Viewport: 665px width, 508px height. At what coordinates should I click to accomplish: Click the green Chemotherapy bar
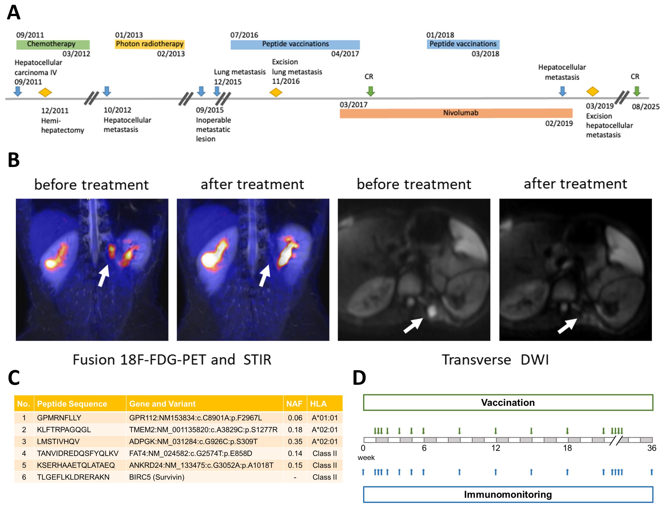point(53,44)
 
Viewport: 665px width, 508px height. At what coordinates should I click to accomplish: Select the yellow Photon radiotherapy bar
point(150,44)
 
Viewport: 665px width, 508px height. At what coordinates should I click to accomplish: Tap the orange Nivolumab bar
point(456,113)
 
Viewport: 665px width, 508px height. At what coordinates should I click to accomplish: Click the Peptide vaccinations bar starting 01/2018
point(463,44)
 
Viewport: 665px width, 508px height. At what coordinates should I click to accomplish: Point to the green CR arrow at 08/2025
point(637,91)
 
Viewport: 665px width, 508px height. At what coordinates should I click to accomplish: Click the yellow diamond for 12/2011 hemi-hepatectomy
point(45,92)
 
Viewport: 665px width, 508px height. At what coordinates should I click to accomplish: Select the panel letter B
point(14,160)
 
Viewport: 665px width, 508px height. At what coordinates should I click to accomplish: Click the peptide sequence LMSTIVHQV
point(58,441)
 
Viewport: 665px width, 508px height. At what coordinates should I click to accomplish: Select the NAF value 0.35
point(295,441)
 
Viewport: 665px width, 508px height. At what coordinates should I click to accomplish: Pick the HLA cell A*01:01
point(325,418)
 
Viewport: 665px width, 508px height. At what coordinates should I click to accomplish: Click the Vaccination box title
point(508,402)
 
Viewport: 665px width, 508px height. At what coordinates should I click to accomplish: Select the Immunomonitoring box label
point(508,494)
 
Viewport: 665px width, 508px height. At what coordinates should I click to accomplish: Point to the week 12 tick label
point(495,448)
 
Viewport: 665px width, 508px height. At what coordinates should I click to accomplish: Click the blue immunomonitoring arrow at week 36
point(651,472)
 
